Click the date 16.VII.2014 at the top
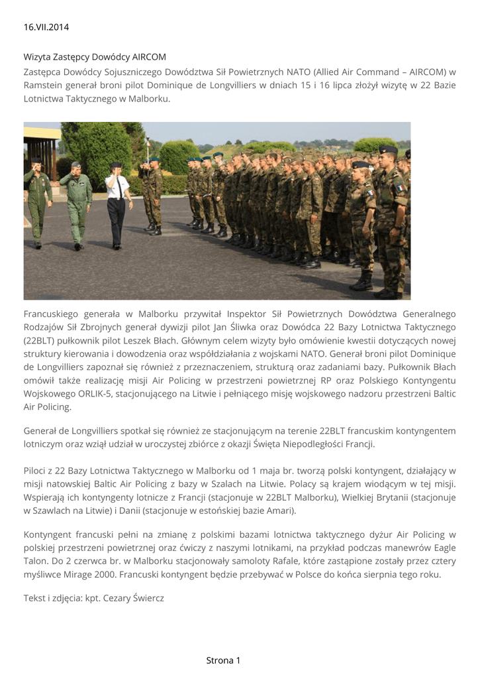[x=46, y=27]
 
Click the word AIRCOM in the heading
[x=149, y=57]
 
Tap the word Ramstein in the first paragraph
[x=43, y=86]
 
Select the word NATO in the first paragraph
[x=300, y=72]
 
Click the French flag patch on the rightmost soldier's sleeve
[x=399, y=188]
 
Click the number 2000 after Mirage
[x=106, y=574]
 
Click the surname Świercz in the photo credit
[x=142, y=598]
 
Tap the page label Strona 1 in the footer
[x=223, y=660]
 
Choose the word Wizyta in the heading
[x=38, y=57]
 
